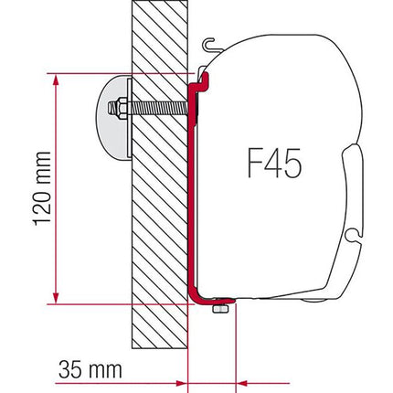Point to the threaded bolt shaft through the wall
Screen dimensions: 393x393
(x=155, y=109)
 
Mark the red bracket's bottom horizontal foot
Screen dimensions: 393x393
(x=212, y=301)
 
